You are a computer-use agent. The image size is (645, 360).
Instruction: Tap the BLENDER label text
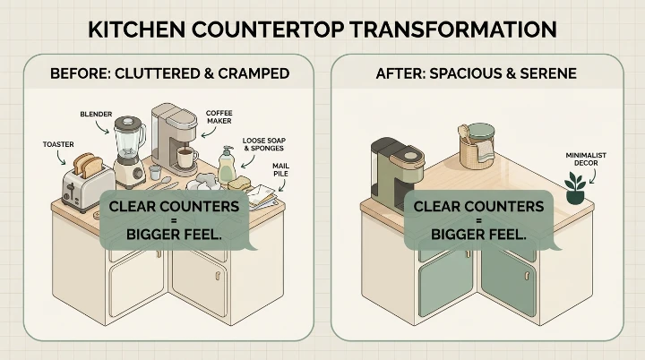(96, 114)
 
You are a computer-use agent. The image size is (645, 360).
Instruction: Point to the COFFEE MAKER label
(219, 118)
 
